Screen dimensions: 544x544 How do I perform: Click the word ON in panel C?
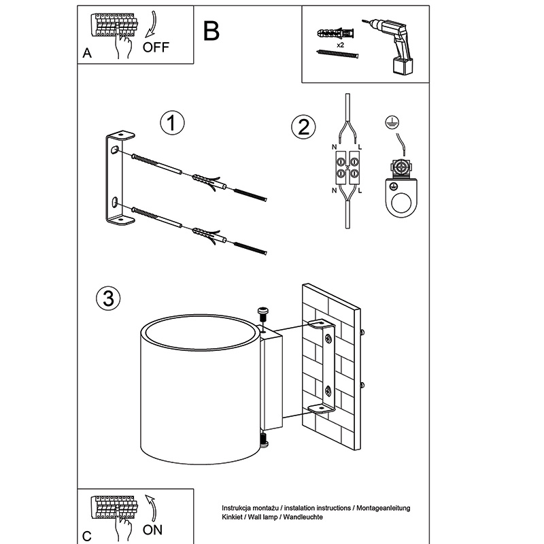click(x=153, y=528)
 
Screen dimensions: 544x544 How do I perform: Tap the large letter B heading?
click(x=211, y=31)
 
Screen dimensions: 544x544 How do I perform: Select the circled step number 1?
click(x=172, y=123)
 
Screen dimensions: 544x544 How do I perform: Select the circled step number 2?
click(x=303, y=126)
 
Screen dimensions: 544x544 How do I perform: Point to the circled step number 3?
click(x=109, y=298)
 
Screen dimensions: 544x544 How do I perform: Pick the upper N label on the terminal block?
click(x=334, y=148)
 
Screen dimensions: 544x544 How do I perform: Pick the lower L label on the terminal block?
click(x=359, y=191)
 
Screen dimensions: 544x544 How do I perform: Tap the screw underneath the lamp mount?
click(x=263, y=444)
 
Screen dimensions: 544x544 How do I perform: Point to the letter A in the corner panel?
click(x=86, y=54)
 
